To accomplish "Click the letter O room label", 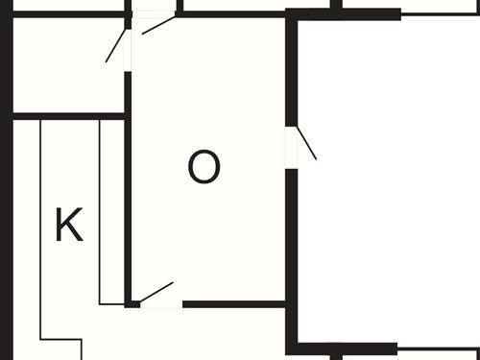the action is pos(204,168).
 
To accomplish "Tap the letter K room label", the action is pos(68,226).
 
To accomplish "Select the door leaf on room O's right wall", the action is pos(306,143).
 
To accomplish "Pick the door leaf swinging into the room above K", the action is pos(115,46).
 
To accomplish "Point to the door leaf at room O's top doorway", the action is pos(159,25).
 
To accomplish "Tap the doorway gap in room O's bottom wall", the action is pos(161,304).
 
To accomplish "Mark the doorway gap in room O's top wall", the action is pos(154,14).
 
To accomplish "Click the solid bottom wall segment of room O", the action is pos(234,304).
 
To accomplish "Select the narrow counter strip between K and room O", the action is pos(112,211).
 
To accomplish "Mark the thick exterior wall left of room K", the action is pos(6,230).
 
